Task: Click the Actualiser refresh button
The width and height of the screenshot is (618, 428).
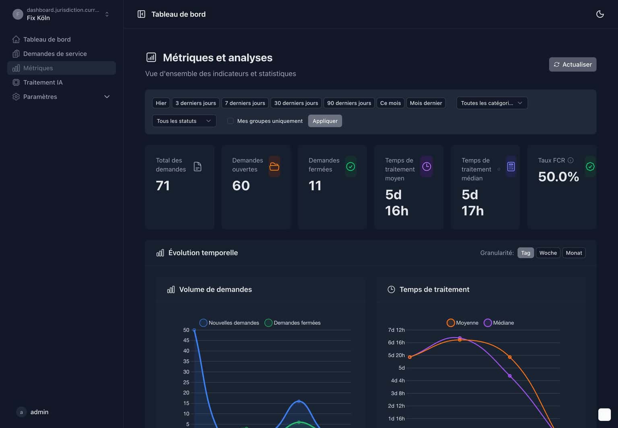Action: coord(572,64)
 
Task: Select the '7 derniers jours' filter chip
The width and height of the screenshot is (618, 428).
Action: coord(245,103)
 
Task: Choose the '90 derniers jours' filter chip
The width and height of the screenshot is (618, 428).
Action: coord(349,103)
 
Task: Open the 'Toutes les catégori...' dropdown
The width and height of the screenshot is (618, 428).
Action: coord(491,103)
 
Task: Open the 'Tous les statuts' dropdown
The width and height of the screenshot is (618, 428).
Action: coord(184,121)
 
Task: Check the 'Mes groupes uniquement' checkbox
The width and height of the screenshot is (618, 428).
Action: coord(231,121)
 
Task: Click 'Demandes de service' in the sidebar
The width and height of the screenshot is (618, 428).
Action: coord(55,54)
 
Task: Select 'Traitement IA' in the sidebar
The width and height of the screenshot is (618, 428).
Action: coord(43,82)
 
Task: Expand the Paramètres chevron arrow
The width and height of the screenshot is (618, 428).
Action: coord(107,97)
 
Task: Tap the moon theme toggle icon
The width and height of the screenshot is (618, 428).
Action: coord(599,14)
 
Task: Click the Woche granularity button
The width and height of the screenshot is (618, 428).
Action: coord(548,253)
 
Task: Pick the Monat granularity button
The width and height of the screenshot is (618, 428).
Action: coord(573,253)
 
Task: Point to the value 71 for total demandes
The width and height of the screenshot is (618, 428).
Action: coord(163,186)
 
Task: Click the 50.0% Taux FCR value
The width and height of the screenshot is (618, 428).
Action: coord(558,177)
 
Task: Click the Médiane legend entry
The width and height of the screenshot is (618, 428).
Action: coord(499,323)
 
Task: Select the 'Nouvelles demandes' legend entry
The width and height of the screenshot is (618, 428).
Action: coord(229,323)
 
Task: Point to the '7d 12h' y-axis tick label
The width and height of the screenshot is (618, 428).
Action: coord(396,330)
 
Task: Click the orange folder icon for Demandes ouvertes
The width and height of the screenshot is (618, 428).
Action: coord(274,167)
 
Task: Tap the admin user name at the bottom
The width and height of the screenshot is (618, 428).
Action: coord(39,412)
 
